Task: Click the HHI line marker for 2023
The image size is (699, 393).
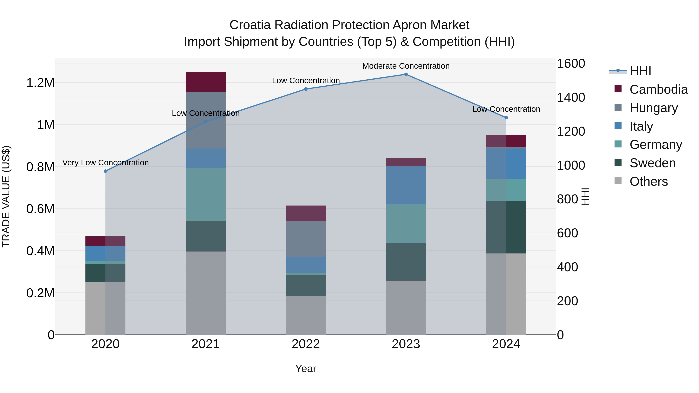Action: click(406, 74)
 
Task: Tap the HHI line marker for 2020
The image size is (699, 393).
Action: click(106, 171)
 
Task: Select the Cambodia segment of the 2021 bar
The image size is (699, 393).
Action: click(205, 82)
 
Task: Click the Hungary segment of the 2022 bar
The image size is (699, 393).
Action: click(306, 239)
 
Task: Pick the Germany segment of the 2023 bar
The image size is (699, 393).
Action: click(406, 224)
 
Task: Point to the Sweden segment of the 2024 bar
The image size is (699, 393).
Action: click(506, 227)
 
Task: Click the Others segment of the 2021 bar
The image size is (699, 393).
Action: click(205, 293)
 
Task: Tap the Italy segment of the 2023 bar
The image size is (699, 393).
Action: click(406, 185)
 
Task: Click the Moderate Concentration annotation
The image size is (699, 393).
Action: click(406, 66)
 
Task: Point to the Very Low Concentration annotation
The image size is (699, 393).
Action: click(106, 163)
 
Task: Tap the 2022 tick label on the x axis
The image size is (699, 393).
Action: click(306, 344)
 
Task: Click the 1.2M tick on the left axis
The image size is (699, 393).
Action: click(40, 83)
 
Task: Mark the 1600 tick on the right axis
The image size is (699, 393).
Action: click(571, 63)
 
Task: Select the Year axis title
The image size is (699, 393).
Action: click(306, 369)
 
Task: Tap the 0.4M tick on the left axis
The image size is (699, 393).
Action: click(40, 251)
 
